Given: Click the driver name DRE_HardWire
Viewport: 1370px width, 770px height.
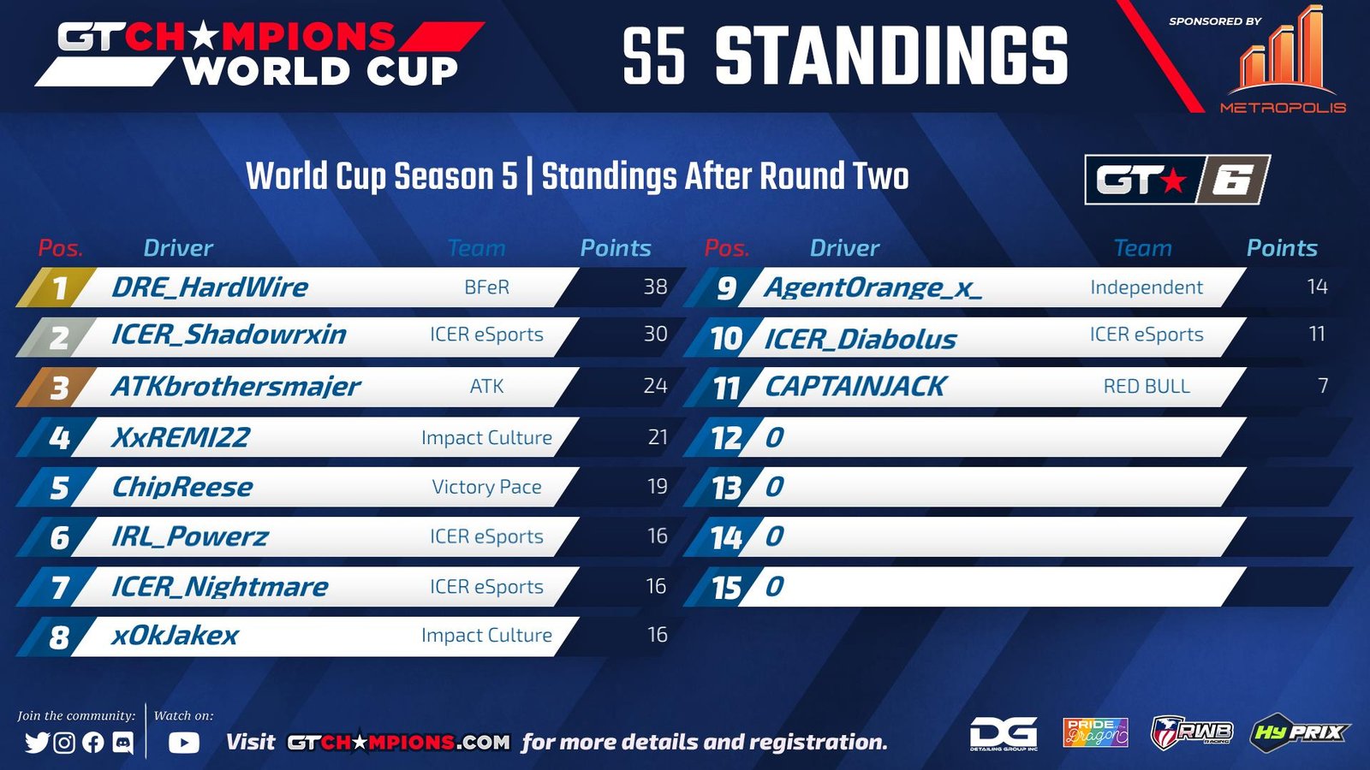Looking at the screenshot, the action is click(210, 287).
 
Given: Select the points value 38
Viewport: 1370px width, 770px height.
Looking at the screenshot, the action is click(655, 287).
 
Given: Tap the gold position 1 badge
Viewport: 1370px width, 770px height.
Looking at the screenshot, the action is click(57, 287).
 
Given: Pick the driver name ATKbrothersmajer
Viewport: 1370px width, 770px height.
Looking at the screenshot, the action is click(236, 387).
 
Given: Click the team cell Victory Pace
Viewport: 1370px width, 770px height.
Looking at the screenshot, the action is click(487, 487).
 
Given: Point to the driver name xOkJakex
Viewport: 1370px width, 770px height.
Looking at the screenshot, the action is click(175, 636).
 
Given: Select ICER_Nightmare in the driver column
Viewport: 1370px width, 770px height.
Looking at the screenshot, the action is click(220, 587).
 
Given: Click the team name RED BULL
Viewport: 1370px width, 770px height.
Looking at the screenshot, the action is click(1147, 386).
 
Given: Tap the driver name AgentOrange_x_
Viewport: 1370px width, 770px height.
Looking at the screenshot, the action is click(873, 287).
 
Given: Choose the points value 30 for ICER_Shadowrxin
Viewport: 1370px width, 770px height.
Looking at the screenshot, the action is click(655, 334).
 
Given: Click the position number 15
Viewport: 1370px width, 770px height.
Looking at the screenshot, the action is click(727, 588).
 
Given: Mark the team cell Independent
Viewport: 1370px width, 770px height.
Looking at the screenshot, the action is click(1147, 287).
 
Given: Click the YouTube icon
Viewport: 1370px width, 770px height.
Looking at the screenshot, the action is click(183, 743).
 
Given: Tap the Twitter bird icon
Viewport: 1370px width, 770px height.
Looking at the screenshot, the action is click(38, 743).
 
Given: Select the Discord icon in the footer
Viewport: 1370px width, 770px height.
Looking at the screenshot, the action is click(123, 743).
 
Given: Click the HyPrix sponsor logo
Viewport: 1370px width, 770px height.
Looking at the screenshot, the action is click(1299, 732).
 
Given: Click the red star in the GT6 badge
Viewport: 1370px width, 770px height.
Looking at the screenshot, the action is click(1173, 181).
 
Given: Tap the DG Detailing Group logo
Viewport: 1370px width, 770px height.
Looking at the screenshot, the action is click(1004, 733).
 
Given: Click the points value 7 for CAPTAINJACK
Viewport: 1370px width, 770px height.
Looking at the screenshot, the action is click(1322, 386).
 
